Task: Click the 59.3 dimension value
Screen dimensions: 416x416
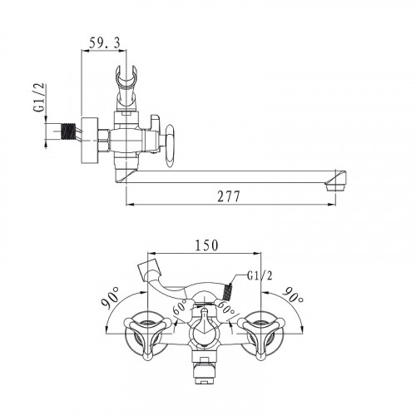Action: pyautogui.click(x=105, y=43)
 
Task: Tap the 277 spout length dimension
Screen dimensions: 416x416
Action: pyautogui.click(x=228, y=197)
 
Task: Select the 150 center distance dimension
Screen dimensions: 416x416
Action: pyautogui.click(x=207, y=245)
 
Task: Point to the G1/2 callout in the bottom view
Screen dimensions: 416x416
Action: pyautogui.click(x=260, y=276)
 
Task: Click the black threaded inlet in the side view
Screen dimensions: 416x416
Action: pyautogui.click(x=68, y=131)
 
